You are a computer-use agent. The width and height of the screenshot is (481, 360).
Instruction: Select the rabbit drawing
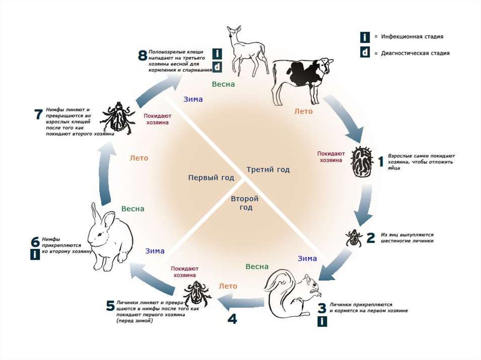[109, 237]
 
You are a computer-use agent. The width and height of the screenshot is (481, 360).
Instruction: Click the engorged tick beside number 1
[362, 161]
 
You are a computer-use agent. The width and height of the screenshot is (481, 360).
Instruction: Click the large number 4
[232, 319]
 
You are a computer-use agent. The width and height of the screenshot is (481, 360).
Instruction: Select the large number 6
[35, 242]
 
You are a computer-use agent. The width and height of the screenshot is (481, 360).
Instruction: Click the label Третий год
[268, 169]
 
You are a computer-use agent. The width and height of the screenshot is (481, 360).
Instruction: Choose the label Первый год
[211, 178]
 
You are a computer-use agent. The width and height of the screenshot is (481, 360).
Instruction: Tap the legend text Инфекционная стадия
[412, 37]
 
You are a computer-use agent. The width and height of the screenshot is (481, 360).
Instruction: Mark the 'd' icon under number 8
[217, 67]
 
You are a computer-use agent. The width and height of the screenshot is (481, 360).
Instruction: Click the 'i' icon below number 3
[322, 322]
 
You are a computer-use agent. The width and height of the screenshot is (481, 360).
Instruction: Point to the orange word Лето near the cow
[303, 112]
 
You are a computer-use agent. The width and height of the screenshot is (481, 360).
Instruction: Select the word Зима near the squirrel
[307, 259]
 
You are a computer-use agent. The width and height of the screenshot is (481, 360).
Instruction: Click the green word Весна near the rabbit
[133, 209]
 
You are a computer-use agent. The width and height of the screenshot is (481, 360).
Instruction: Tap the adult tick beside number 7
[117, 117]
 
